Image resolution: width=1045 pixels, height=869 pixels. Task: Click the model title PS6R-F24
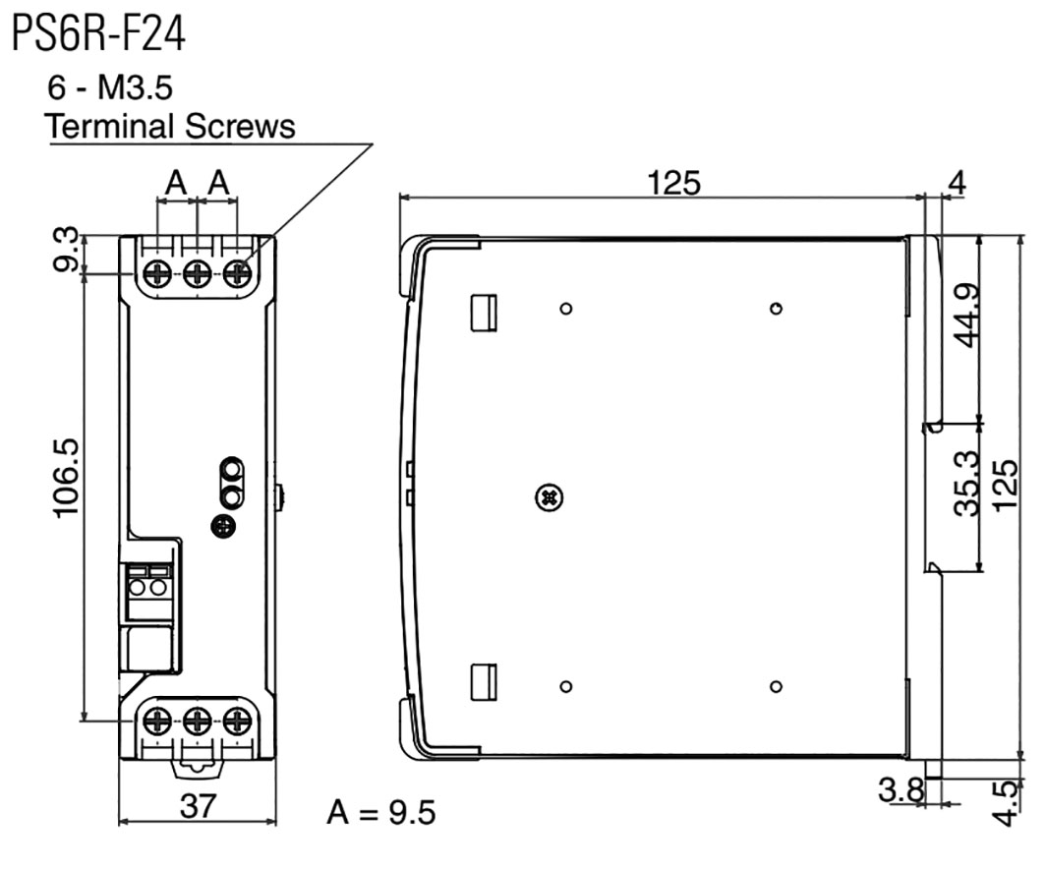(x=98, y=33)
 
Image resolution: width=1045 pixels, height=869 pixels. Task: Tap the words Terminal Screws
(x=170, y=126)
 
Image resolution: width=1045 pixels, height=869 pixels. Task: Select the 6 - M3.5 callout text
(x=110, y=87)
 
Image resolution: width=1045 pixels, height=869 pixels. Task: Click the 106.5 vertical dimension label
(x=67, y=478)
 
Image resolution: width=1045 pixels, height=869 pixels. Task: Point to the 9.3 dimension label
(x=67, y=250)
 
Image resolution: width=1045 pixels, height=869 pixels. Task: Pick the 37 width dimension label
(x=198, y=806)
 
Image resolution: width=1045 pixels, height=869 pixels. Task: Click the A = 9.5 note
(x=380, y=812)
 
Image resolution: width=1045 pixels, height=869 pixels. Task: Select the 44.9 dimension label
(x=966, y=316)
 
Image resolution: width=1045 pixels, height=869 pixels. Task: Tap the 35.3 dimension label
(x=966, y=483)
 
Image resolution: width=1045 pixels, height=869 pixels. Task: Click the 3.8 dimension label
(x=901, y=789)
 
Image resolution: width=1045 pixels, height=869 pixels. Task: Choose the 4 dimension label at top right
(x=957, y=182)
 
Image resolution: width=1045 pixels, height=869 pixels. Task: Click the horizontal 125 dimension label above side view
(x=674, y=183)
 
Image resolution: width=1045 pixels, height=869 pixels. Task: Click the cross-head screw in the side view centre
(x=550, y=497)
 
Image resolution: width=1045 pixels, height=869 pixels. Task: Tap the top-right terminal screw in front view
(x=237, y=274)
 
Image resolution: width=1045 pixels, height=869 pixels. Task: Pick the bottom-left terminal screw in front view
(x=157, y=722)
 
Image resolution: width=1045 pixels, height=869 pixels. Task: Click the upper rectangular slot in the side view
(x=484, y=313)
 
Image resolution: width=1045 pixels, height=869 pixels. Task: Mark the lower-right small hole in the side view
(x=776, y=686)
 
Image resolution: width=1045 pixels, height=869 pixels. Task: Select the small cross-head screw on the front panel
(x=223, y=527)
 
